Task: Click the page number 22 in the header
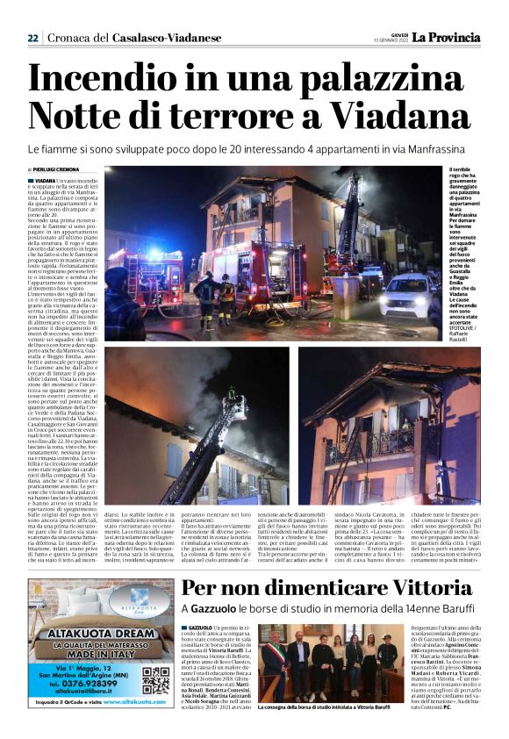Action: point(32,38)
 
